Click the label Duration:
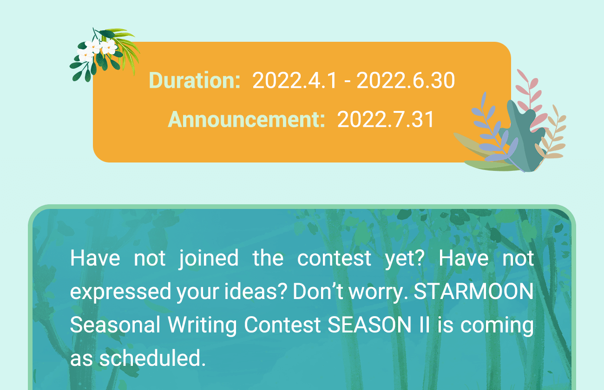[194, 80]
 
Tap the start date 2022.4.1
[295, 80]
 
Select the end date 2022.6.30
[406, 80]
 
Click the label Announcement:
[246, 119]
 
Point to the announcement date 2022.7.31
[386, 119]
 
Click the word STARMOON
[473, 292]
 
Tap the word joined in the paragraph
[209, 259]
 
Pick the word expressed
[120, 292]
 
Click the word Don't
[318, 291]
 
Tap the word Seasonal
[115, 325]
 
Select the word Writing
[202, 325]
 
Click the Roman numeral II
[424, 325]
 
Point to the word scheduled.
[152, 358]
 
